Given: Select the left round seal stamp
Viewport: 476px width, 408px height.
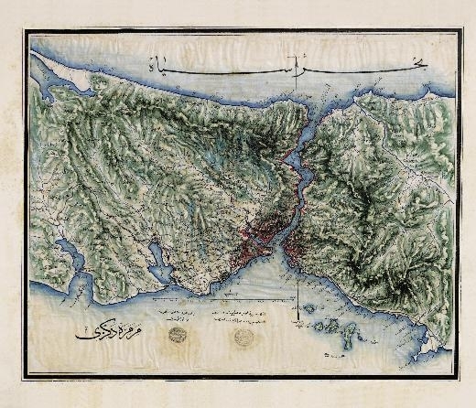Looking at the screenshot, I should pos(174,335).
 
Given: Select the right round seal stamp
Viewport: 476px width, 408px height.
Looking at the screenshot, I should pos(243,337).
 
